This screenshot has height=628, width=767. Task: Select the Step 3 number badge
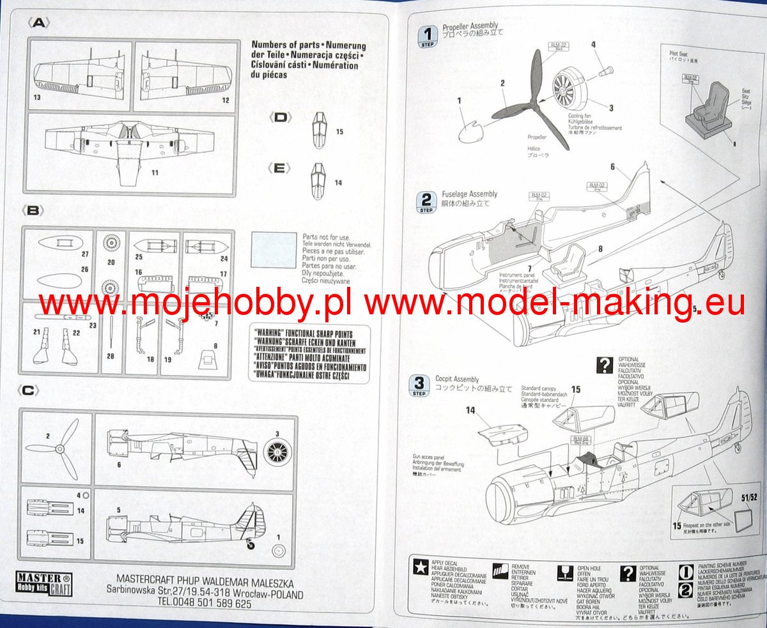tap(419, 385)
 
